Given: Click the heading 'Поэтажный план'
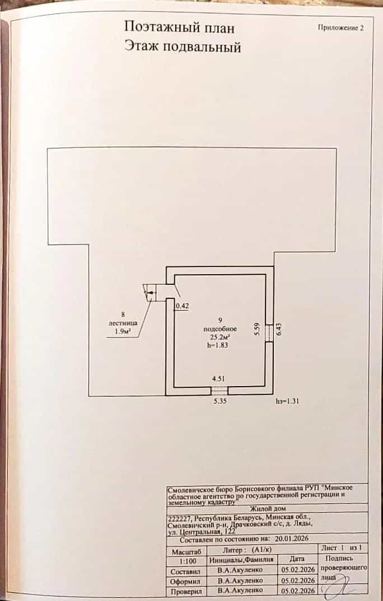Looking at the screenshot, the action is coord(179,27).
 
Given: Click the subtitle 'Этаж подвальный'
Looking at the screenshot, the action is coord(183,47).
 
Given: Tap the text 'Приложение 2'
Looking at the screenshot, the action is coord(340,27).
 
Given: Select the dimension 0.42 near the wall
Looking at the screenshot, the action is coord(182,306).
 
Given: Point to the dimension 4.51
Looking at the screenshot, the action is coord(218,379).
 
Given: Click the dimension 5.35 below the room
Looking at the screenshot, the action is coord(219,402).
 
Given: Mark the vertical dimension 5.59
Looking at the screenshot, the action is coord(257,330).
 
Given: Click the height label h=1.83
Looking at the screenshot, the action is coord(218,345).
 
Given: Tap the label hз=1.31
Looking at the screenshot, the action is coord(288,401).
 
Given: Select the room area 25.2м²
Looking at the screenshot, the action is coord(219,337).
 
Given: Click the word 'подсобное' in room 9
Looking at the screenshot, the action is coord(220,329).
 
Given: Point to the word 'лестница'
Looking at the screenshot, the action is coord(123,323).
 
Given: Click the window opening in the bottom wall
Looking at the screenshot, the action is coord(219,391).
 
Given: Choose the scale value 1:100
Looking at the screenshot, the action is coord(188,561).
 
